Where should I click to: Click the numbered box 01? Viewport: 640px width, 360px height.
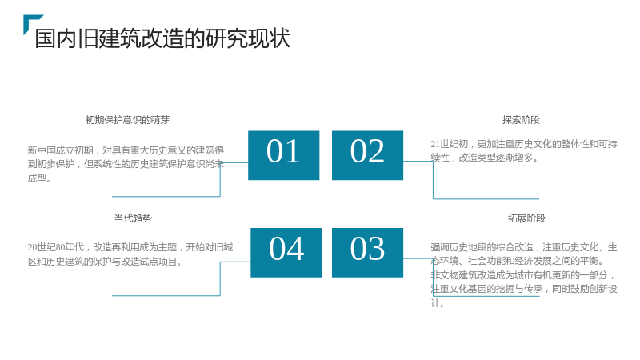click(x=284, y=155)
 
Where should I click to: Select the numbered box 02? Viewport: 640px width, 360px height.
click(x=367, y=155)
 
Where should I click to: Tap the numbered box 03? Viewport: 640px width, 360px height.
click(x=367, y=253)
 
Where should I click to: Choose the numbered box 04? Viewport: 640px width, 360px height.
click(x=286, y=253)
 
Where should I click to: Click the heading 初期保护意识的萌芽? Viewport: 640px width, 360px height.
click(x=127, y=120)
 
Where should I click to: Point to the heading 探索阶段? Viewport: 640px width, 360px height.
click(x=521, y=120)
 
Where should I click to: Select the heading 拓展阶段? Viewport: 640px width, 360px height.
click(x=526, y=218)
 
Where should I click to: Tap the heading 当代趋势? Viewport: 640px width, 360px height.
click(x=133, y=218)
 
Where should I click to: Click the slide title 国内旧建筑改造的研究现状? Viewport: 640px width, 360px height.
click(x=162, y=38)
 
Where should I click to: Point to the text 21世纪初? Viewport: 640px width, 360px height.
click(x=450, y=144)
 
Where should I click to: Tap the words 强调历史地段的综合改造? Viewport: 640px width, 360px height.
click(x=482, y=247)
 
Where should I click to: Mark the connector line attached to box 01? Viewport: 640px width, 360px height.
click(x=220, y=179)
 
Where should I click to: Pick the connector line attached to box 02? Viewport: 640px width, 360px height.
click(x=433, y=180)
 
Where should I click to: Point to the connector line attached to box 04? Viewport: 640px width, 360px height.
click(x=220, y=278)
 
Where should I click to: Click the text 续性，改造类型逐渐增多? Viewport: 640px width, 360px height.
click(x=484, y=158)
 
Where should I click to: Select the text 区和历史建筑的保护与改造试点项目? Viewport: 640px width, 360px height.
click(x=105, y=262)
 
